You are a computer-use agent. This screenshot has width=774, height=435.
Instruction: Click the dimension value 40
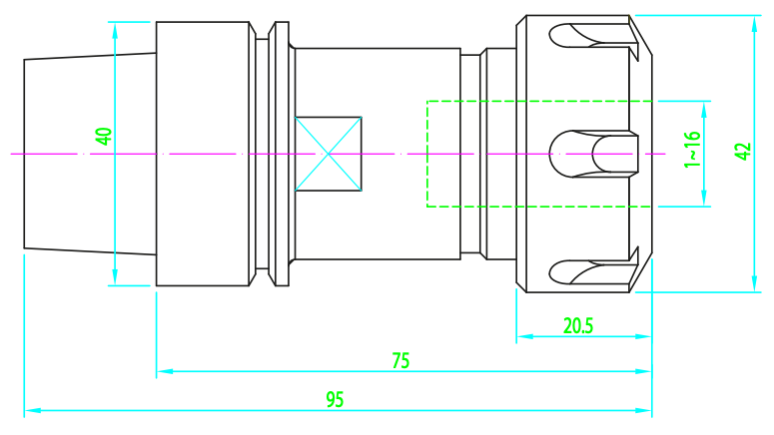pyautogui.click(x=104, y=136)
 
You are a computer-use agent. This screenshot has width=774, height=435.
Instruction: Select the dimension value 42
pyautogui.click(x=743, y=152)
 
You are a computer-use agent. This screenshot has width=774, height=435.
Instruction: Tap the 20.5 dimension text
pyautogui.click(x=578, y=326)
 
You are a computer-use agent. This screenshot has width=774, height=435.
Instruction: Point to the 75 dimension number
pyautogui.click(x=400, y=361)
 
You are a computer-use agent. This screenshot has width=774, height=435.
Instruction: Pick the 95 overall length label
pyautogui.click(x=335, y=399)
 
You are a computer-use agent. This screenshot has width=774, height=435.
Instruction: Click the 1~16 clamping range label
pyautogui.click(x=692, y=150)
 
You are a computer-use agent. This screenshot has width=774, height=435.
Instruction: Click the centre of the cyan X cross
pyautogui.click(x=329, y=154)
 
